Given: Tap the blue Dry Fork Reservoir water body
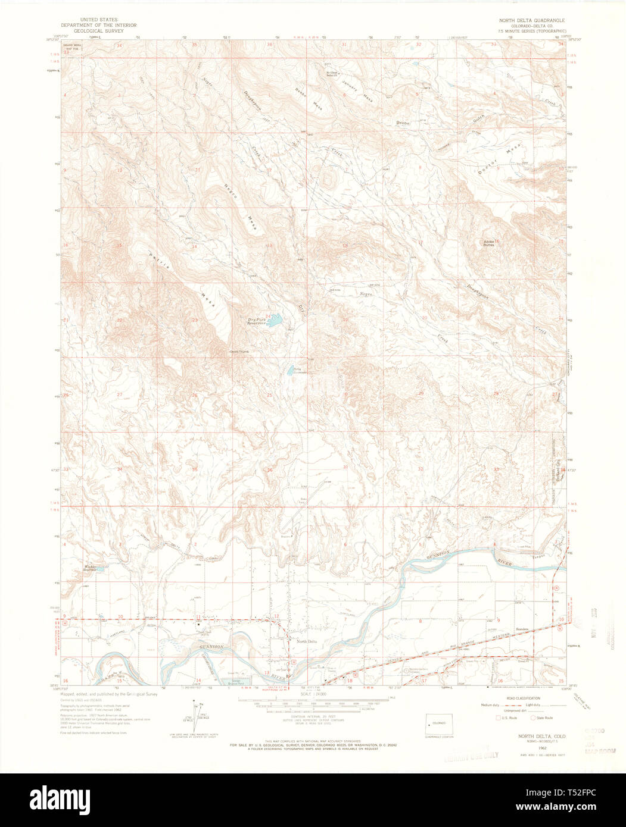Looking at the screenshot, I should point(275,322).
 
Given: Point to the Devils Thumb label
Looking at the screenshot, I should point(240,352).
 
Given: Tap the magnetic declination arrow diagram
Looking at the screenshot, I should point(194,720).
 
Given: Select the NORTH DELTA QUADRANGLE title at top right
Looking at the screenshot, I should point(532,20).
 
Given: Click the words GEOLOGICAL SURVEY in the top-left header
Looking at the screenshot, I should point(99,30).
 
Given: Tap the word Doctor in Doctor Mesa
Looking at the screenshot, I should point(485,168).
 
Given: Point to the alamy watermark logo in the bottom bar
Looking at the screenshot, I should point(66,800).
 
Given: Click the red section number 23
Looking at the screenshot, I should point(195,320).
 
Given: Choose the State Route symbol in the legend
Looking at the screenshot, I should point(534,718).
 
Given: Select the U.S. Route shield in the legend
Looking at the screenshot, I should point(499,718).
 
